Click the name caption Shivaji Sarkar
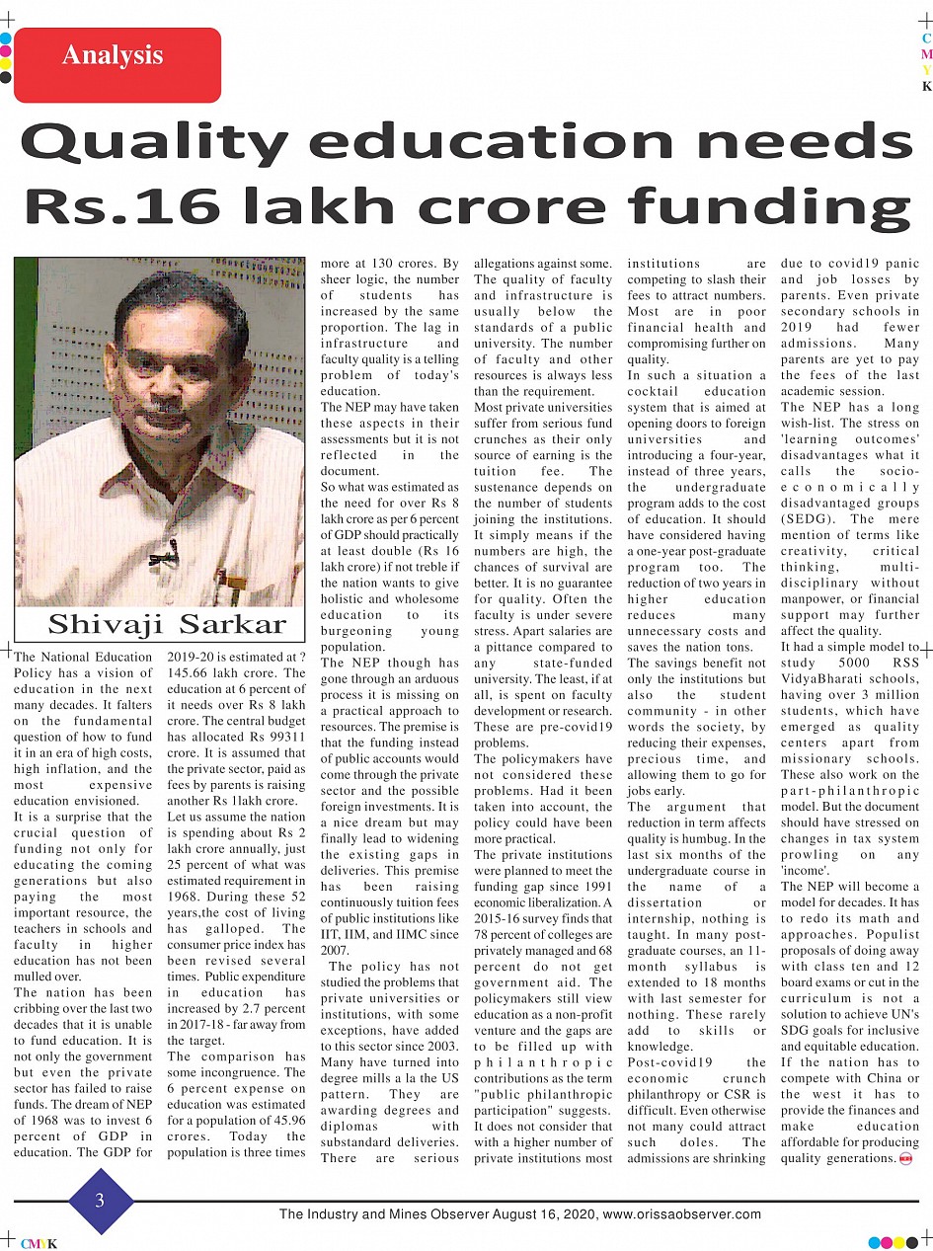[x=167, y=625]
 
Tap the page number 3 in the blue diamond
[x=100, y=1201]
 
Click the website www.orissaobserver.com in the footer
[x=681, y=1214]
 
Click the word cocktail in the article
[x=657, y=391]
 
